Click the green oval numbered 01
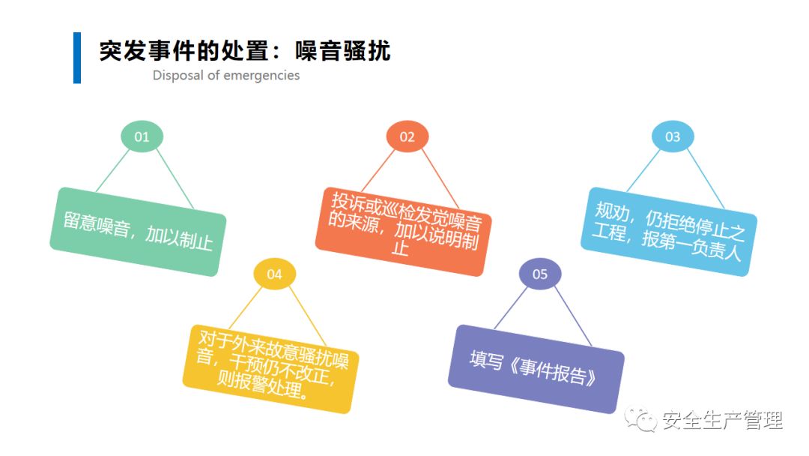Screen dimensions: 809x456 142,136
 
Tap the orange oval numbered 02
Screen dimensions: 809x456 407,136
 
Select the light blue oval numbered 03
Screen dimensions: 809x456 673,136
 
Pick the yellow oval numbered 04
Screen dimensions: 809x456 275,274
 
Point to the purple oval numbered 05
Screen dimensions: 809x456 540,274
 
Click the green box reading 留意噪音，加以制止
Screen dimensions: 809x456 138,232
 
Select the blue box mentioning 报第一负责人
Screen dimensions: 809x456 669,231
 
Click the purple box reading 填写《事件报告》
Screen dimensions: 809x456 536,368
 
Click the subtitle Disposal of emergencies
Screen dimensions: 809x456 226,75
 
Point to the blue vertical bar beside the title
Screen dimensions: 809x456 76,58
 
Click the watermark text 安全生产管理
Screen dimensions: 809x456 723,420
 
